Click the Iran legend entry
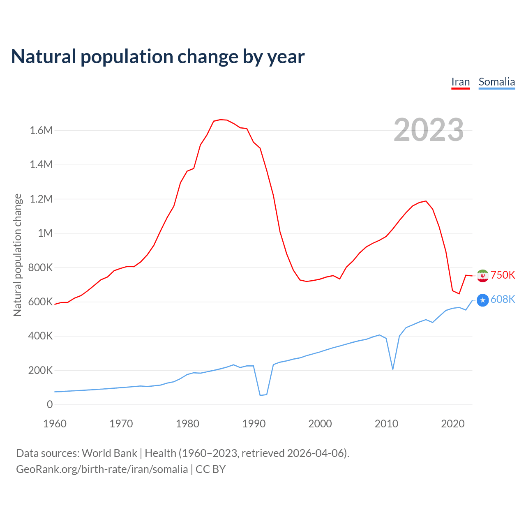460,82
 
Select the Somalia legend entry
496,82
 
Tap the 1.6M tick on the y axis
41,131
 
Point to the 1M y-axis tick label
45,233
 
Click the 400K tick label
41,336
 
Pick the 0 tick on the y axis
50,404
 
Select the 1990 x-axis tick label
254,424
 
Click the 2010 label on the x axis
386,424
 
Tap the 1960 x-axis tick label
55,424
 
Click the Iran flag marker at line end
482,275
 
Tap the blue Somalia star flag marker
482,300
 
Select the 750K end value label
503,275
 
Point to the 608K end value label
503,299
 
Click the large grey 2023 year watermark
429,130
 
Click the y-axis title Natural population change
18,255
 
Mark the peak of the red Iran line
220,120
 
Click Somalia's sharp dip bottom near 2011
393,369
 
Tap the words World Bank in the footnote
109,453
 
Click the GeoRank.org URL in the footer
102,469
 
